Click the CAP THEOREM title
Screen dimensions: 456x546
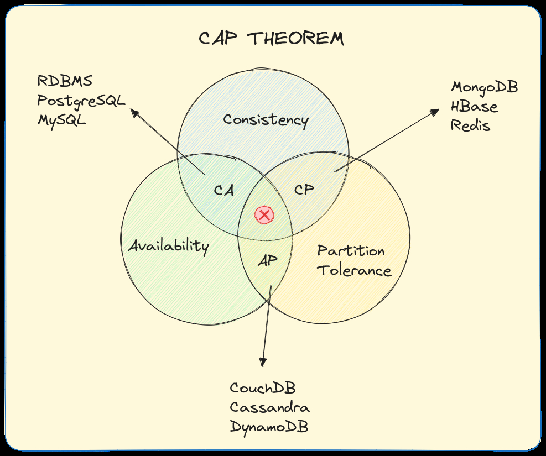pos(271,39)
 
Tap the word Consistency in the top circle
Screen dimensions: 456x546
pos(266,119)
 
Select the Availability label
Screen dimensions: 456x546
pos(169,246)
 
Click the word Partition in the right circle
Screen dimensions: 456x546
pos(351,251)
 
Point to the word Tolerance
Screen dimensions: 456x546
pos(354,271)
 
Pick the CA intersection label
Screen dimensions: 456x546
pos(223,191)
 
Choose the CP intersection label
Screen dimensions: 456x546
pos(304,190)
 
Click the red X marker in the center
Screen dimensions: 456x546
pos(264,215)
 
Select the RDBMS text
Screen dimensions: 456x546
pos(65,81)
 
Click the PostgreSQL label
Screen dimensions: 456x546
pos(81,101)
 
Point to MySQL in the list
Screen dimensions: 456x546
pos(61,119)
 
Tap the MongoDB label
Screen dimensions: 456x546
pos(485,87)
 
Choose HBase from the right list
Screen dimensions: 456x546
pos(474,106)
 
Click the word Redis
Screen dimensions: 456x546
pos(470,125)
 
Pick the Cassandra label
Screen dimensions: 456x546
pos(269,407)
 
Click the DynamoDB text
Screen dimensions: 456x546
pos(269,427)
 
